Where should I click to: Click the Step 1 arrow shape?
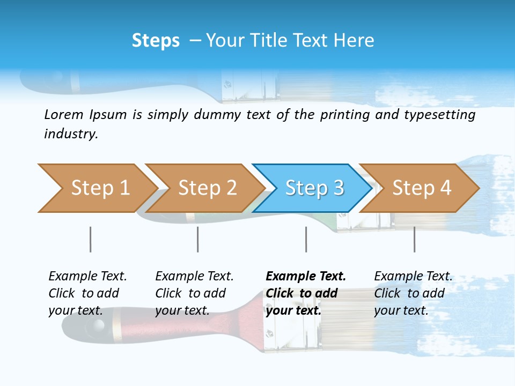tap(97, 188)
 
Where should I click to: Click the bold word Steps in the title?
tap(156, 41)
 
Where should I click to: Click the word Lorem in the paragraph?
tap(63, 115)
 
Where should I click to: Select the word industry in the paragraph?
tap(70, 134)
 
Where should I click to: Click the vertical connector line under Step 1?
tap(90, 239)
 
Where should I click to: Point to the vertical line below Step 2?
tap(197, 239)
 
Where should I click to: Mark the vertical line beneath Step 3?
tap(306, 239)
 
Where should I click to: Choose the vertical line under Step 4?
tap(414, 239)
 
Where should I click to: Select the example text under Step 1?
tap(87, 293)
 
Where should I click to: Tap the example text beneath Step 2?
tap(194, 293)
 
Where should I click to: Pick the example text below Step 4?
tap(413, 293)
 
